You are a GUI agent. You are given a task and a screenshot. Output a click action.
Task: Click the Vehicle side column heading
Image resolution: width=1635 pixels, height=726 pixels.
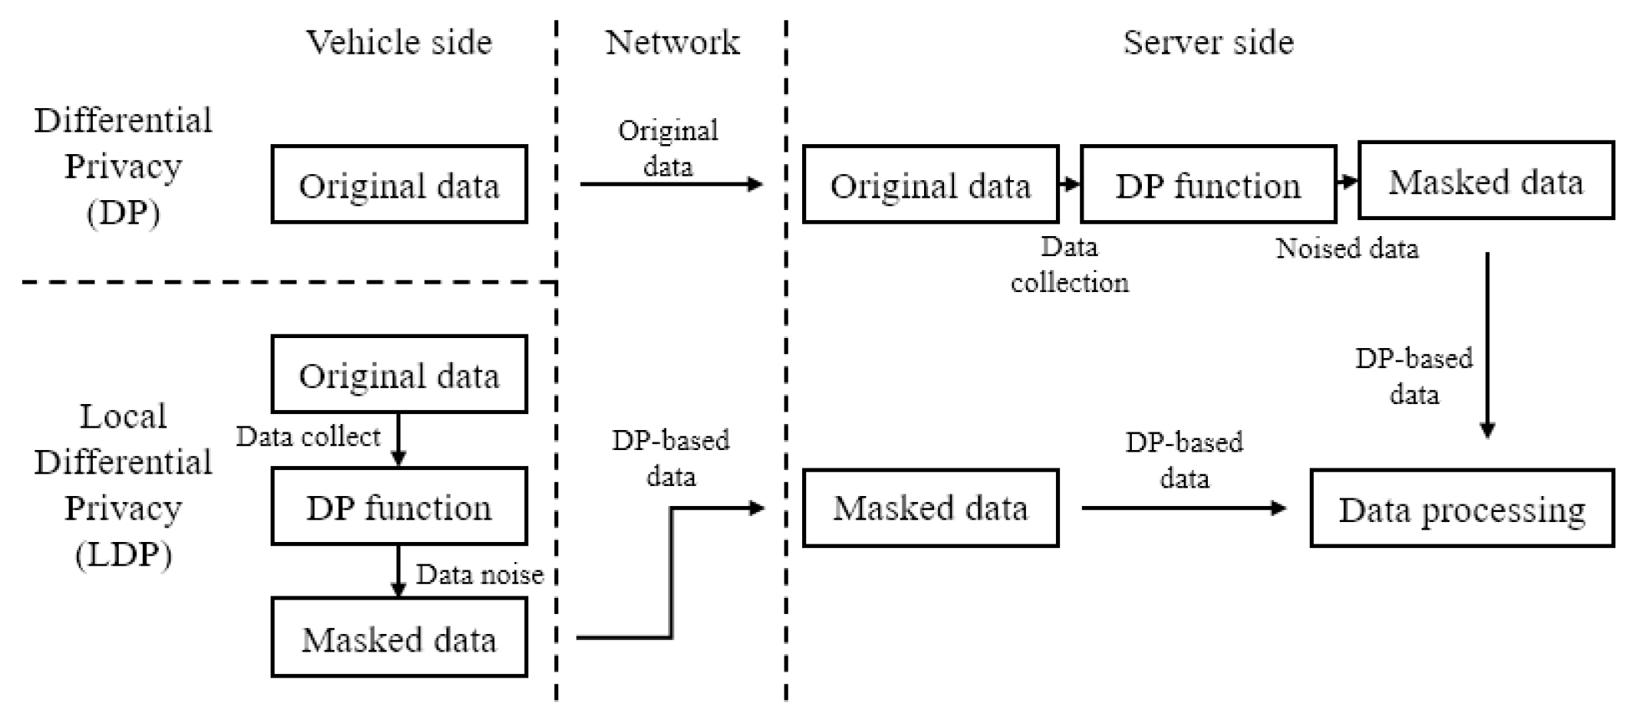(x=399, y=42)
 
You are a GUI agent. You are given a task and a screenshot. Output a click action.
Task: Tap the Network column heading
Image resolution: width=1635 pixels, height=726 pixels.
(x=673, y=42)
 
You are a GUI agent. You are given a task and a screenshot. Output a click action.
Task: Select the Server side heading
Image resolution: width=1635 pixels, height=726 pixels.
(x=1208, y=42)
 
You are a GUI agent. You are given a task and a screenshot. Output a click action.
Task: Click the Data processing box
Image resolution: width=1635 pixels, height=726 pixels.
(x=1462, y=509)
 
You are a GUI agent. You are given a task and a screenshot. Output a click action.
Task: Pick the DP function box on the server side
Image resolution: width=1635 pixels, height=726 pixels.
(x=1208, y=185)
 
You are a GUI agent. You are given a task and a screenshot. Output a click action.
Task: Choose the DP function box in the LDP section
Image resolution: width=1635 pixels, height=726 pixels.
(x=399, y=507)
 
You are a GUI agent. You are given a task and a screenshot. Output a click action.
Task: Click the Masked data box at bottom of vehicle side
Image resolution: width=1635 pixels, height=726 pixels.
(x=399, y=638)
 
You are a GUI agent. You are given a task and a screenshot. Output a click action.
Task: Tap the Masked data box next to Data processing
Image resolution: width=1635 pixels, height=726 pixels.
(x=930, y=508)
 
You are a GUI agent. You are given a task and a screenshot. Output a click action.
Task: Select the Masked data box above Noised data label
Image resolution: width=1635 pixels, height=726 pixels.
(x=1485, y=181)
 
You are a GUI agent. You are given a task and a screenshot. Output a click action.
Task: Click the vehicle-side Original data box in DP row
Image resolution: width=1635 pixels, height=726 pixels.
(x=399, y=185)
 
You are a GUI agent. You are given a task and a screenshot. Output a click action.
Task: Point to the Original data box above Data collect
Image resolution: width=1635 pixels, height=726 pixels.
(x=399, y=374)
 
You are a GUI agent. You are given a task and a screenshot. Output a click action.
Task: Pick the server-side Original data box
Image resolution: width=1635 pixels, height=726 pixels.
(x=930, y=185)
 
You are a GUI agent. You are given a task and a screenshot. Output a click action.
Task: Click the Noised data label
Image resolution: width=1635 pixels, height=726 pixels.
(x=1347, y=248)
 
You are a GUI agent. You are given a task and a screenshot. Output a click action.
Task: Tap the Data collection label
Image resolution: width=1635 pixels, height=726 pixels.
(x=1069, y=265)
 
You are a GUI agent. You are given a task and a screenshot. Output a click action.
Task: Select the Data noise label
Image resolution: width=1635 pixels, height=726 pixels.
(x=479, y=574)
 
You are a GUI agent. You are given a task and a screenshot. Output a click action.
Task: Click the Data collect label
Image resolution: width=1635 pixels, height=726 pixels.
(x=308, y=436)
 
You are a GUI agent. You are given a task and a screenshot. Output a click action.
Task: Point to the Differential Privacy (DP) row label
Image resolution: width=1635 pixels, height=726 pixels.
(x=123, y=166)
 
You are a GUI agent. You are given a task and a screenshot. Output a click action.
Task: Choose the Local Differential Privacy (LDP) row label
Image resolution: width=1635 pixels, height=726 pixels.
(x=123, y=485)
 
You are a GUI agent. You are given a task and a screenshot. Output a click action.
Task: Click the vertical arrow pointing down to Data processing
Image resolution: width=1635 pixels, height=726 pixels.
(x=1487, y=345)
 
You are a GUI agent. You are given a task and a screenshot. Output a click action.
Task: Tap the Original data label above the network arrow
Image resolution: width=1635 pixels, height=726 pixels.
(x=668, y=147)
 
